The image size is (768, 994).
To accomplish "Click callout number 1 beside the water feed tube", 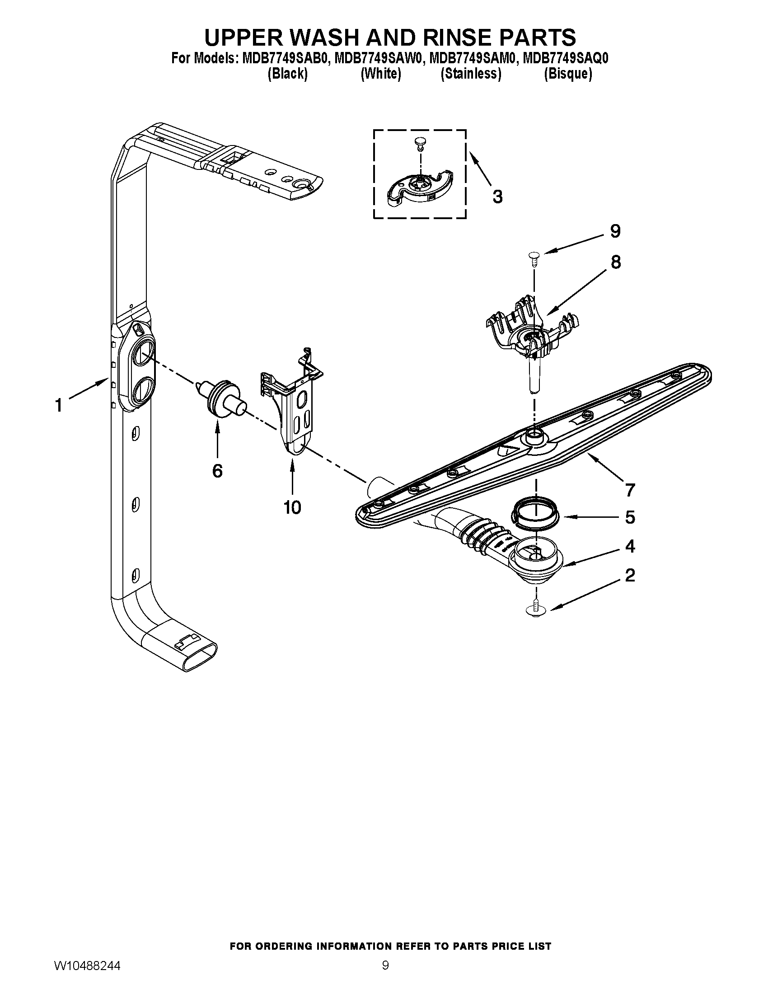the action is pyautogui.click(x=59, y=405).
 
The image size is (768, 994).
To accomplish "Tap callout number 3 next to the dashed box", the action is pyautogui.click(x=497, y=197).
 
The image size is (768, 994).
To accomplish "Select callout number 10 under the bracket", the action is pyautogui.click(x=292, y=507).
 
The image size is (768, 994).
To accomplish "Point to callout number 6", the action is pyautogui.click(x=217, y=471).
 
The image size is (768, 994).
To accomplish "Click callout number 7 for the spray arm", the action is pyautogui.click(x=630, y=490).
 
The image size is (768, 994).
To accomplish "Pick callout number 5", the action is pyautogui.click(x=630, y=517).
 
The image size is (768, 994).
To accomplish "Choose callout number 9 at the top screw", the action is pyautogui.click(x=615, y=232).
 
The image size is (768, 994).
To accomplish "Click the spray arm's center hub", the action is pyautogui.click(x=533, y=436).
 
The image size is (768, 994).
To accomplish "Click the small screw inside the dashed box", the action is pyautogui.click(x=419, y=145).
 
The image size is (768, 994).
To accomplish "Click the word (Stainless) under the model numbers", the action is pyautogui.click(x=471, y=74).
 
